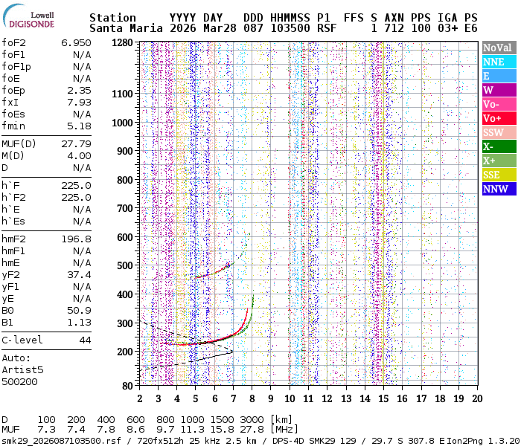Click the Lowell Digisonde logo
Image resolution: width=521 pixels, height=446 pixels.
pos(30,18)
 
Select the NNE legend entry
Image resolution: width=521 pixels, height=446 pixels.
pos(498,62)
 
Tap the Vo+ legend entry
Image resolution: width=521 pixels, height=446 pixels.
pos(498,118)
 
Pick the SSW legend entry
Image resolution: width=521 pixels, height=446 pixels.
pos(498,132)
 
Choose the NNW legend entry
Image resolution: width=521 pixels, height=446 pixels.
pos(498,189)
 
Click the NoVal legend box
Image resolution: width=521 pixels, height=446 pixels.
pos(498,48)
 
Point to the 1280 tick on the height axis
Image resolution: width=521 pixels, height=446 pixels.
pos(122,43)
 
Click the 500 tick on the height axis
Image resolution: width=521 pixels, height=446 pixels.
pos(125,265)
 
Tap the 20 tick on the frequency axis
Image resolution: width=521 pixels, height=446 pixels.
pos(476,398)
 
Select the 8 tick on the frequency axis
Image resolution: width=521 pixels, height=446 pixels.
pos(252,398)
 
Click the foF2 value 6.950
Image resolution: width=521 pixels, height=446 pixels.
pos(76,43)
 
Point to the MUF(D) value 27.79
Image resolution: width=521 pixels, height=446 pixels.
pos(76,143)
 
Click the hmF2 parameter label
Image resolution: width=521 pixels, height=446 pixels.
pos(14,239)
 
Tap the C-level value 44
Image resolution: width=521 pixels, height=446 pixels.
pos(85,340)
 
